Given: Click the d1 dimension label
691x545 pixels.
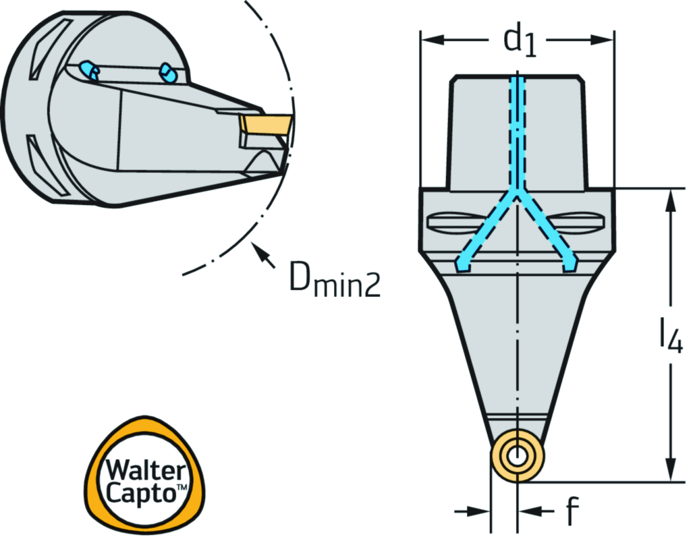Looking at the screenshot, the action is (520, 41).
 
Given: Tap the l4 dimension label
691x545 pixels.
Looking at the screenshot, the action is (670, 337).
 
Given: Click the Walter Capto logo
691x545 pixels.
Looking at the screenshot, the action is (144, 476).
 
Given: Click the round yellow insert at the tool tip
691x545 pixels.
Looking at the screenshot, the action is (517, 455).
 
